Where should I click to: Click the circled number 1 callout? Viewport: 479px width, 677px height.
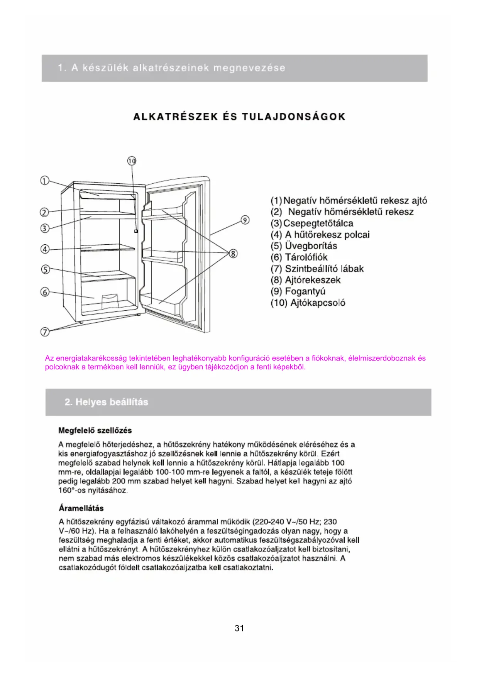coord(45,181)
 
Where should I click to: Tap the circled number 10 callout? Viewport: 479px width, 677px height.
coord(132,161)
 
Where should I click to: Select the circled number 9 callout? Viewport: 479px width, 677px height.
coord(245,220)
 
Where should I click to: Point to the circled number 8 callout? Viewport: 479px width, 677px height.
coord(233,254)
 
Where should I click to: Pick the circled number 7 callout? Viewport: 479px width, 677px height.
coord(45,332)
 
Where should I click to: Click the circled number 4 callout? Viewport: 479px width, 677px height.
coord(45,249)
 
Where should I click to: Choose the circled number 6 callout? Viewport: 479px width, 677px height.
coord(45,292)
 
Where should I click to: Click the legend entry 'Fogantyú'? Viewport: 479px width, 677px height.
coord(305,291)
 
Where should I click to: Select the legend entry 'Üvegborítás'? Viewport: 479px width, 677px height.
coord(311,246)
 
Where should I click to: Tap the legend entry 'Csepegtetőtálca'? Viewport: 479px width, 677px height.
coord(318,223)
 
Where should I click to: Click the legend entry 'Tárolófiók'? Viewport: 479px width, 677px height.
coord(306,257)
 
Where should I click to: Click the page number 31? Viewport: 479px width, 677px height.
coord(239,628)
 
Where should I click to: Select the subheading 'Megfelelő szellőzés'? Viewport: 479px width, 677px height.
coord(95,430)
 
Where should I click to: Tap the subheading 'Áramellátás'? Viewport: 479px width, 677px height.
coord(81,508)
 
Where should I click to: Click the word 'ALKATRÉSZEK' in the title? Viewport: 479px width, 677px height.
coord(176,117)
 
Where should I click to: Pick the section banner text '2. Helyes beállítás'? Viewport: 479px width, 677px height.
coord(107,402)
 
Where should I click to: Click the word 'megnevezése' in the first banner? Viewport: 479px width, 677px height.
coord(249,68)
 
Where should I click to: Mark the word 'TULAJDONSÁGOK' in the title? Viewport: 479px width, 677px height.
coord(294,117)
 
